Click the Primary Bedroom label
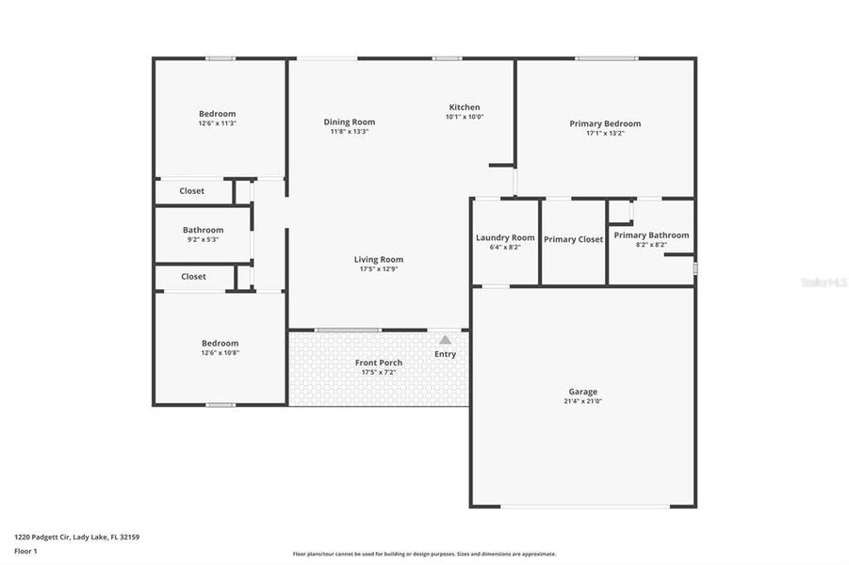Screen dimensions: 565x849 click(605, 123)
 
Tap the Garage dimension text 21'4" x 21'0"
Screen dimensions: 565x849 click(582, 401)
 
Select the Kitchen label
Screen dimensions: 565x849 click(465, 107)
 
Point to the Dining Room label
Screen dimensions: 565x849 click(350, 121)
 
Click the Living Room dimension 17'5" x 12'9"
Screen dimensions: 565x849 click(379, 269)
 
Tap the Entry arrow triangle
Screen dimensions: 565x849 click(445, 339)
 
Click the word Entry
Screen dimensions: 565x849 click(445, 354)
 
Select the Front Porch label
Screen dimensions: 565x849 click(379, 363)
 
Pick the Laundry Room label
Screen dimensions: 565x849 click(505, 237)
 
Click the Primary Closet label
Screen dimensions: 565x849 click(573, 239)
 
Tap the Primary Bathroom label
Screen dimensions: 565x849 click(651, 235)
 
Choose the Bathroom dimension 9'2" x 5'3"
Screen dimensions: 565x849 click(204, 239)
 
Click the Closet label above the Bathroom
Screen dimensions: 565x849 click(192, 191)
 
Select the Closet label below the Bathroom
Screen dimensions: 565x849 click(194, 277)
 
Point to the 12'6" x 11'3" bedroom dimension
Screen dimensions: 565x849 click(217, 123)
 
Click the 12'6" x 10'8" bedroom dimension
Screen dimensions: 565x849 click(220, 353)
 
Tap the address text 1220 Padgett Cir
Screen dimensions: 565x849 click(47, 537)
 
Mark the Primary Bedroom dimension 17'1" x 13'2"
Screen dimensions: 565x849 click(605, 134)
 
